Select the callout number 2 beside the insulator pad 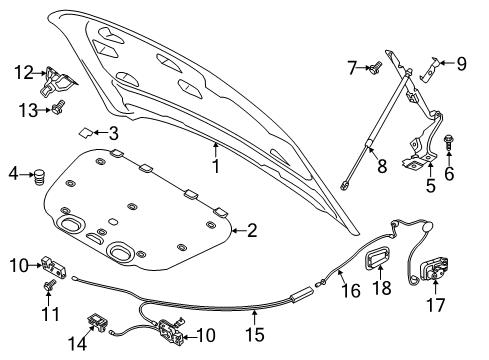(x=251, y=232)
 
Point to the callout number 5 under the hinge (x=430, y=186)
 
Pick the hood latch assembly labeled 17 (x=437, y=271)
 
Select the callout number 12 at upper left (x=23, y=72)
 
